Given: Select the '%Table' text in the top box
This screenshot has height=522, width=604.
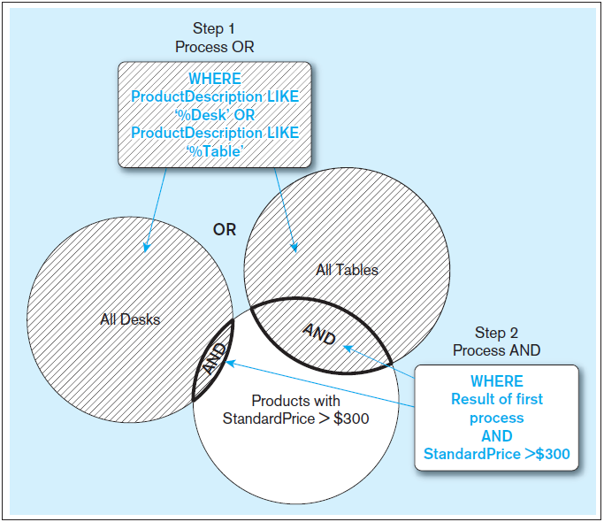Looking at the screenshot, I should pos(214,150).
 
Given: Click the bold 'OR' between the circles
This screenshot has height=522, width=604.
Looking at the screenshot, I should pos(225,230).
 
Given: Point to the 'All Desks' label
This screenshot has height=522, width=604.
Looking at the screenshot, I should pos(130,319).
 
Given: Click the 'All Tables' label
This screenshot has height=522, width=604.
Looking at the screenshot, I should pos(347,270).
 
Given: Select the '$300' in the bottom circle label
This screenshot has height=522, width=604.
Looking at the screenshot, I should pos(349,418).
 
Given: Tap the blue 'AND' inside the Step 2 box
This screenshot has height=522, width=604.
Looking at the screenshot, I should pos(496,436).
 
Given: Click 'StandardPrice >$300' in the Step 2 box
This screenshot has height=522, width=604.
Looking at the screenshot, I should pos(496,455).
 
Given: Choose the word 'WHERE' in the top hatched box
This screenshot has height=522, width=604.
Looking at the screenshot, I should pos(214,79).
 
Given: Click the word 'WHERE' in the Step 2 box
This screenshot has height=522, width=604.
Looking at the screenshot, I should pos(496,380).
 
